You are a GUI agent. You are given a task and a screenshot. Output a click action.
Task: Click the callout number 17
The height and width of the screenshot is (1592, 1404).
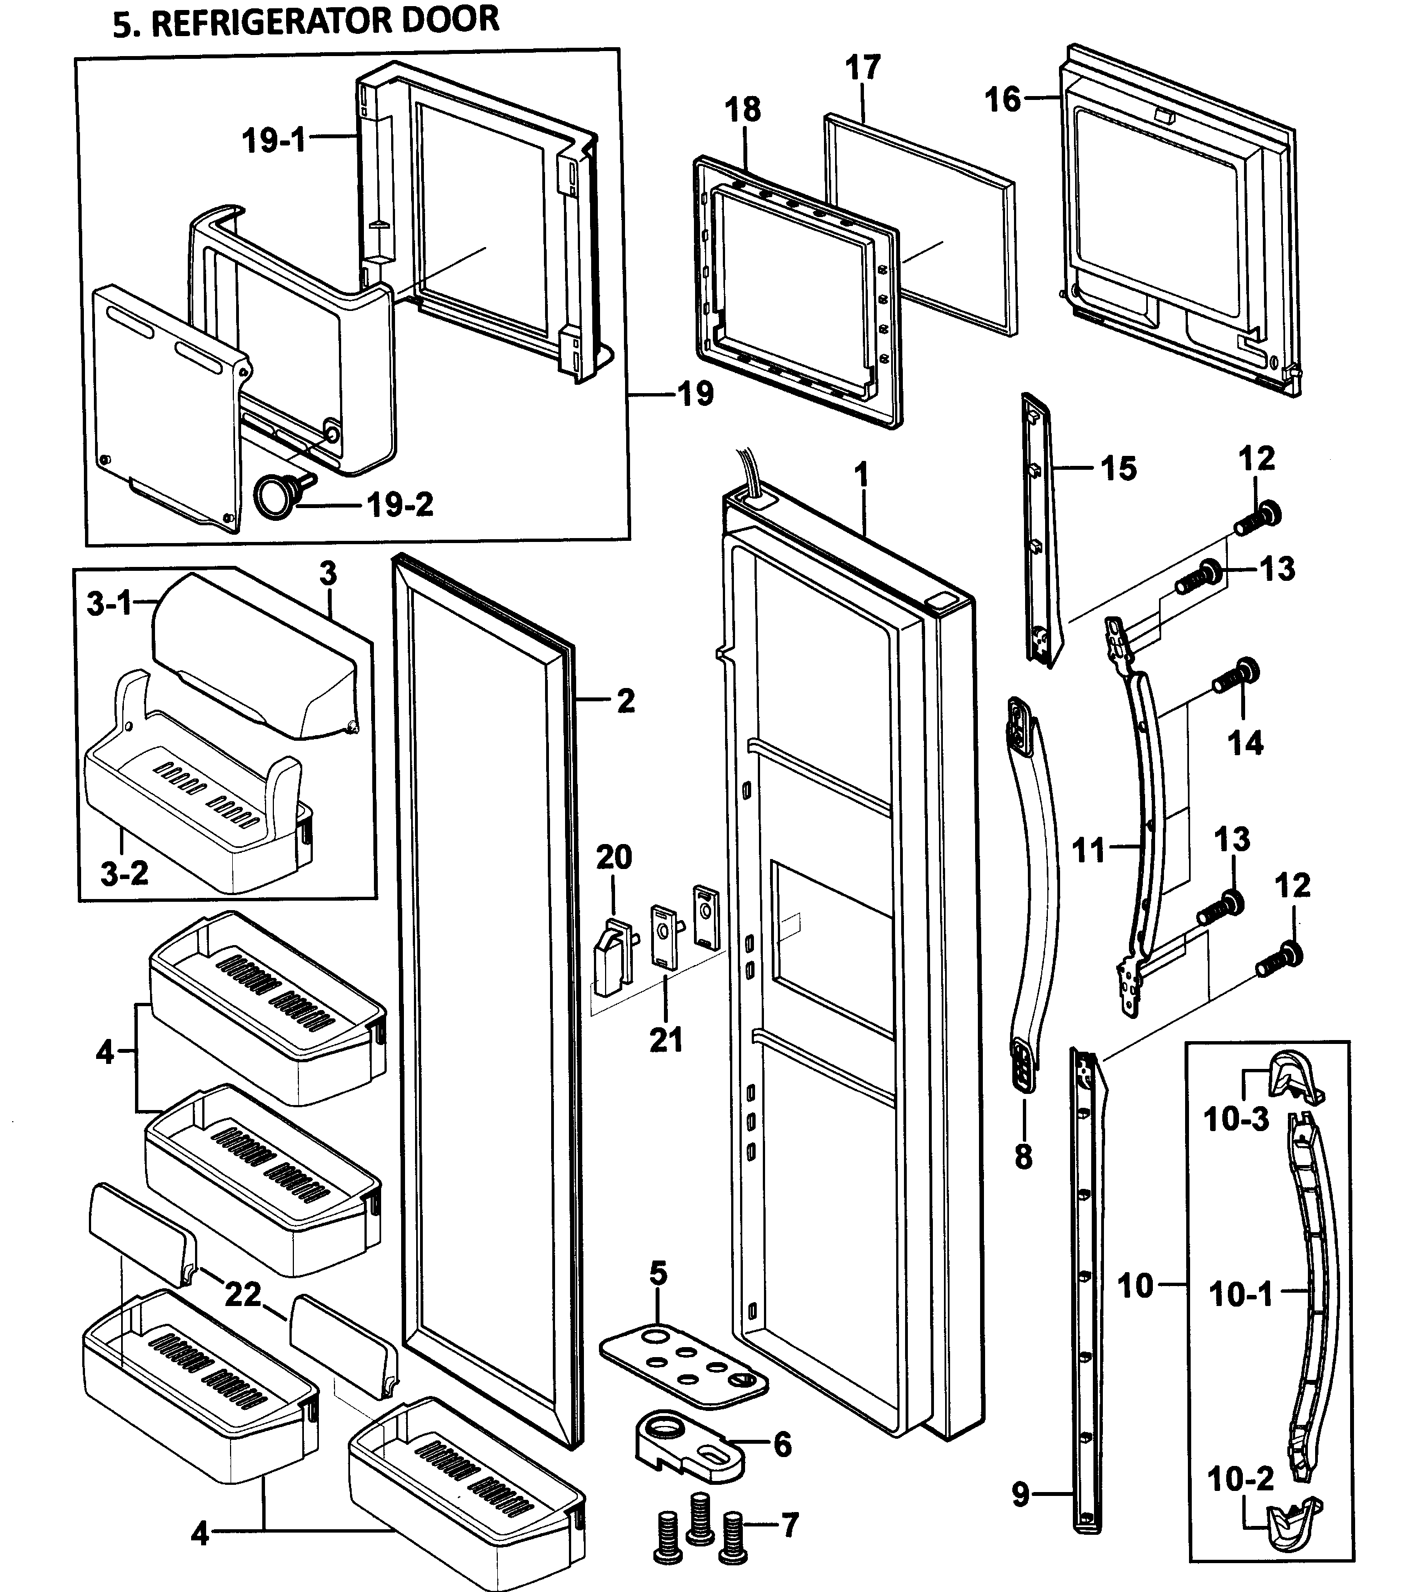tap(862, 68)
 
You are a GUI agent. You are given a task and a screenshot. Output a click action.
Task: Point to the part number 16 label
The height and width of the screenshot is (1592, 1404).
tap(1002, 100)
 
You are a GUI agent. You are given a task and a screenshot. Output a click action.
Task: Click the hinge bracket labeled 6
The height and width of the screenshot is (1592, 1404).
tap(686, 1442)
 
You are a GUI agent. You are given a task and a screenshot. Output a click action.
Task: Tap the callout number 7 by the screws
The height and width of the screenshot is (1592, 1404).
tap(790, 1525)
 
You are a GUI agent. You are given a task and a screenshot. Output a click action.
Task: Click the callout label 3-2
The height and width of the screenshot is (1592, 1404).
tap(124, 873)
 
